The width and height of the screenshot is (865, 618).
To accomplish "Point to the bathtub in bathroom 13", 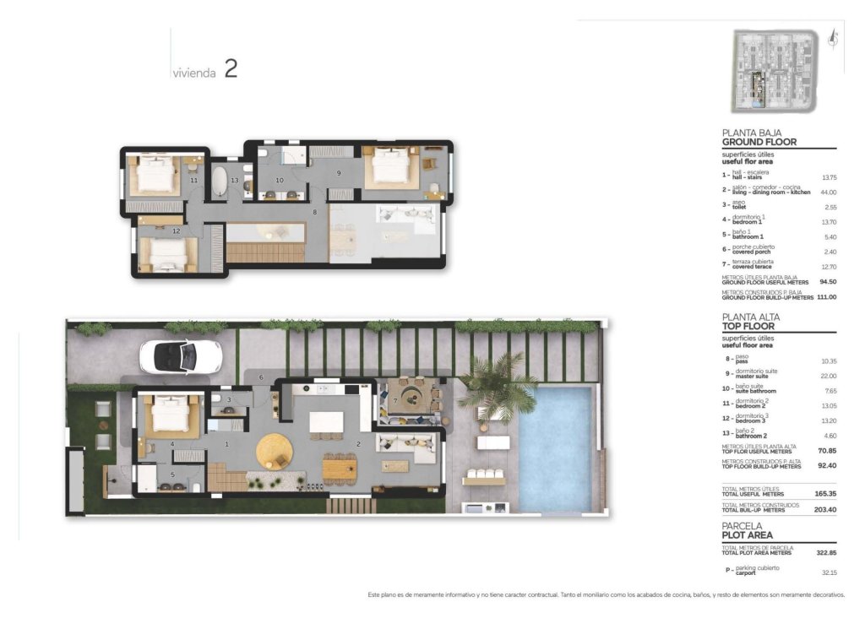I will [x=218, y=182].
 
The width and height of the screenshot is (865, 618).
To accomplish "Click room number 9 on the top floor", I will [x=338, y=173].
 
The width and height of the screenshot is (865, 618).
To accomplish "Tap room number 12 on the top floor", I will [x=176, y=230].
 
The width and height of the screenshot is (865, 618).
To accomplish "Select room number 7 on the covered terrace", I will [x=394, y=398].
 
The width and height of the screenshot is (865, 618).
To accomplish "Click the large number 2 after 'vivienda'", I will [x=231, y=69].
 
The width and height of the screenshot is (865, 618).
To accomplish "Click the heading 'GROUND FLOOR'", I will [x=759, y=143].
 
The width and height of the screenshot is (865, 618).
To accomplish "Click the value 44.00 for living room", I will [x=829, y=192].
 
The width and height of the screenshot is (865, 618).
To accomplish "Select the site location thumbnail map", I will [x=774, y=71].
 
